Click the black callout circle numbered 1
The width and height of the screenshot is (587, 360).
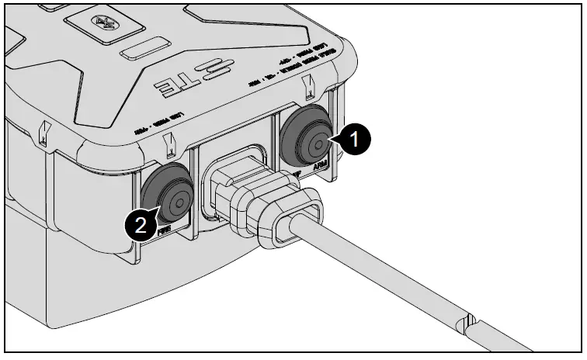click(x=354, y=140)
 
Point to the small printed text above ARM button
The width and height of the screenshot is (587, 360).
click(x=311, y=61)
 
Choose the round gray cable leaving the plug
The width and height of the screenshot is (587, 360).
click(x=404, y=280)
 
